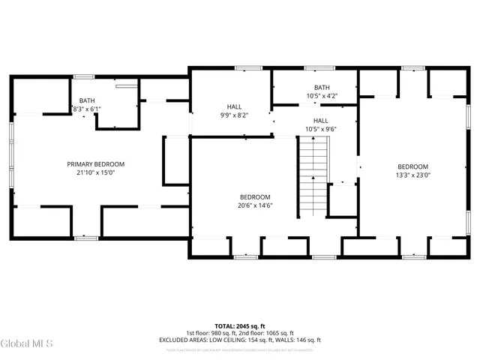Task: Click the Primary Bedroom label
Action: pyautogui.click(x=95, y=164)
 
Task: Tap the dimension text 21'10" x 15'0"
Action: pyautogui.click(x=95, y=172)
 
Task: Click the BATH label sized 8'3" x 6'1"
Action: pyautogui.click(x=87, y=100)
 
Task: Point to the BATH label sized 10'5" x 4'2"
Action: pyautogui.click(x=322, y=87)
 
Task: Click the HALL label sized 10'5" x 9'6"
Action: pyautogui.click(x=320, y=121)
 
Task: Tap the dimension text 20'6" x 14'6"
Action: pyautogui.click(x=255, y=205)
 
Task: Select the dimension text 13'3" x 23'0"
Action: pyautogui.click(x=412, y=175)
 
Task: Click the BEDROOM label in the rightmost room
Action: pyautogui.click(x=412, y=166)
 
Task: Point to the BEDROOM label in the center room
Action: pyautogui.click(x=255, y=196)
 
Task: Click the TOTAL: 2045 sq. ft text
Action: pyautogui.click(x=240, y=326)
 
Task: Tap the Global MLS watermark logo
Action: pyautogui.click(x=27, y=344)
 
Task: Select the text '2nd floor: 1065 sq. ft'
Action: pyautogui.click(x=267, y=333)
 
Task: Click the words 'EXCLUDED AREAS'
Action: pyautogui.click(x=181, y=340)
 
